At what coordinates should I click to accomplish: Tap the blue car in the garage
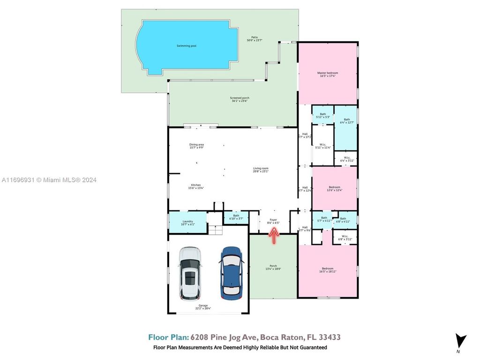232,273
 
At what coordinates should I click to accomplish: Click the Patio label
255,38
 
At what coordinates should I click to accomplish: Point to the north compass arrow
461,341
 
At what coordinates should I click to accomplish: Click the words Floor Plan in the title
168,337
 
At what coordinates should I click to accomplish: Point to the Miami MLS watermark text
49,180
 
